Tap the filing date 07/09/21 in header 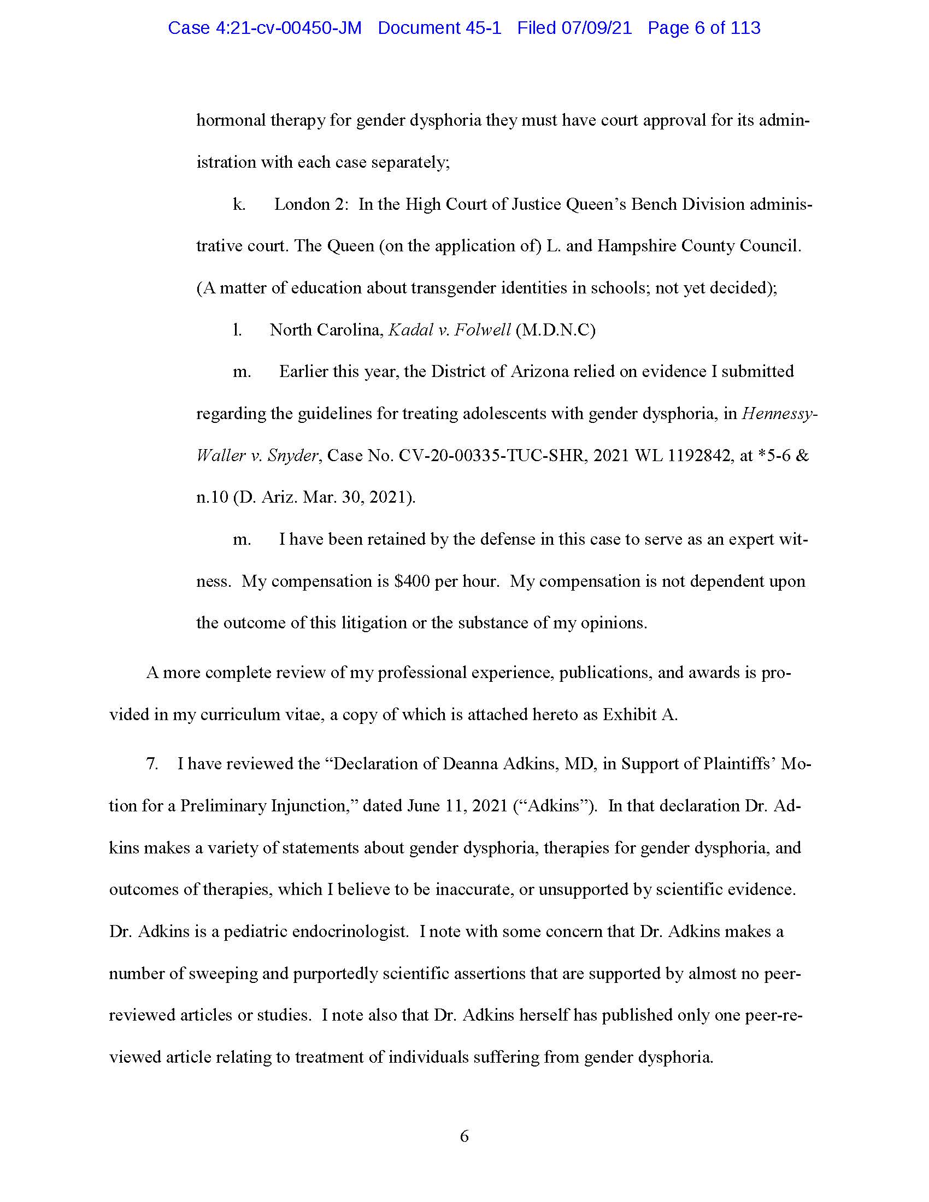[x=597, y=28]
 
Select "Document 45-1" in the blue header [x=439, y=28]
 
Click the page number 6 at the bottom [x=464, y=1136]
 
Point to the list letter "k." [x=239, y=205]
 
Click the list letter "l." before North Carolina [x=237, y=330]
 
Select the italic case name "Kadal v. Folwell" [x=450, y=330]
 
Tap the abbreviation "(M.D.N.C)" [x=556, y=330]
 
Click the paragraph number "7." [x=152, y=764]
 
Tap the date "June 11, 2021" [x=457, y=806]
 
